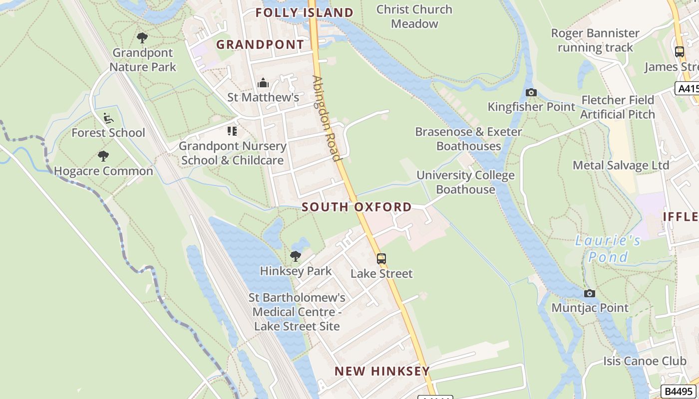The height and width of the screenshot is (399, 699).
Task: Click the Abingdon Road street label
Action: pos(327,118)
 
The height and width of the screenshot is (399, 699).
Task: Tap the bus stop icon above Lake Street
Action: pos(381,259)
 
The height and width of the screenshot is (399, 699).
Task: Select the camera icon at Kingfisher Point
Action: pos(531,92)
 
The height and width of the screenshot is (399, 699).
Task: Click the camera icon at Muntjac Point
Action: pos(590,293)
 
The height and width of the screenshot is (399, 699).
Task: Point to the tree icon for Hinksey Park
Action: pos(296,256)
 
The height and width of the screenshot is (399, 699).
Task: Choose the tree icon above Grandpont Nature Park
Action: pos(142,38)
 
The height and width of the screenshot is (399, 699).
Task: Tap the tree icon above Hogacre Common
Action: pos(103,156)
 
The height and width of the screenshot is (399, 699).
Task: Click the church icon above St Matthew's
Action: pos(263,83)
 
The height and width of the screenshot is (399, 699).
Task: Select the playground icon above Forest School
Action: pos(108,118)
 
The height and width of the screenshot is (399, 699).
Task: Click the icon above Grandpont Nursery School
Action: pos(232,131)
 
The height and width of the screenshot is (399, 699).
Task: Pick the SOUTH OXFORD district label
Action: pos(356,207)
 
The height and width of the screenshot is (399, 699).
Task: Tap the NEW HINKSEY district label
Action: pos(382,371)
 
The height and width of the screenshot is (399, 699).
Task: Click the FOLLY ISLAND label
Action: pos(304,12)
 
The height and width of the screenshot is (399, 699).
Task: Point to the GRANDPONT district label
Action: pos(260,44)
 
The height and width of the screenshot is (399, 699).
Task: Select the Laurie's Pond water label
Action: pos(608,249)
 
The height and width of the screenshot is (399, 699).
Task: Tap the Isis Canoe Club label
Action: pos(645,361)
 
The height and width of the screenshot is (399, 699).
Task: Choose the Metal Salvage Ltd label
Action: pos(621,165)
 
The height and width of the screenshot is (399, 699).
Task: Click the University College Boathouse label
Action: pos(465,182)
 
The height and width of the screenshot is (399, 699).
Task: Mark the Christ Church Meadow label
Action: pos(414,16)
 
